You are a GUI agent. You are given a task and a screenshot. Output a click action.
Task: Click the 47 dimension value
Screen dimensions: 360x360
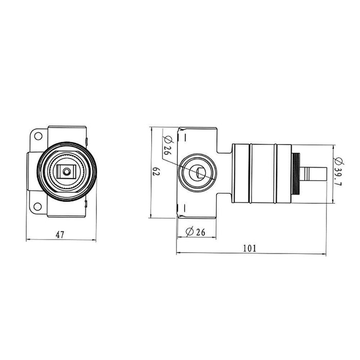60,235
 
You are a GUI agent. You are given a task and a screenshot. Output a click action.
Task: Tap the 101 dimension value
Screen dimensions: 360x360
249,248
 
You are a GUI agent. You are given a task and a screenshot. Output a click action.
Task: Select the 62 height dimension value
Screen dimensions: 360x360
156,171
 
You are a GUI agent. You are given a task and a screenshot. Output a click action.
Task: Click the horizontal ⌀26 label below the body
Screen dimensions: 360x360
195,232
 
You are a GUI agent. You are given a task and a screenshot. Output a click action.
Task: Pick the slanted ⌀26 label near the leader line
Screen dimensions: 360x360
168,145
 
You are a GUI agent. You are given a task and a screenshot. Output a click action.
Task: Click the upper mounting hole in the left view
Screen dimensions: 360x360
38,136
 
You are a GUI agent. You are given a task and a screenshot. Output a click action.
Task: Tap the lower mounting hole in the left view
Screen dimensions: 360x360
38,206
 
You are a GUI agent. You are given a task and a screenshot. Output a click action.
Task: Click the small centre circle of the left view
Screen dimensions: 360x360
67,171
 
